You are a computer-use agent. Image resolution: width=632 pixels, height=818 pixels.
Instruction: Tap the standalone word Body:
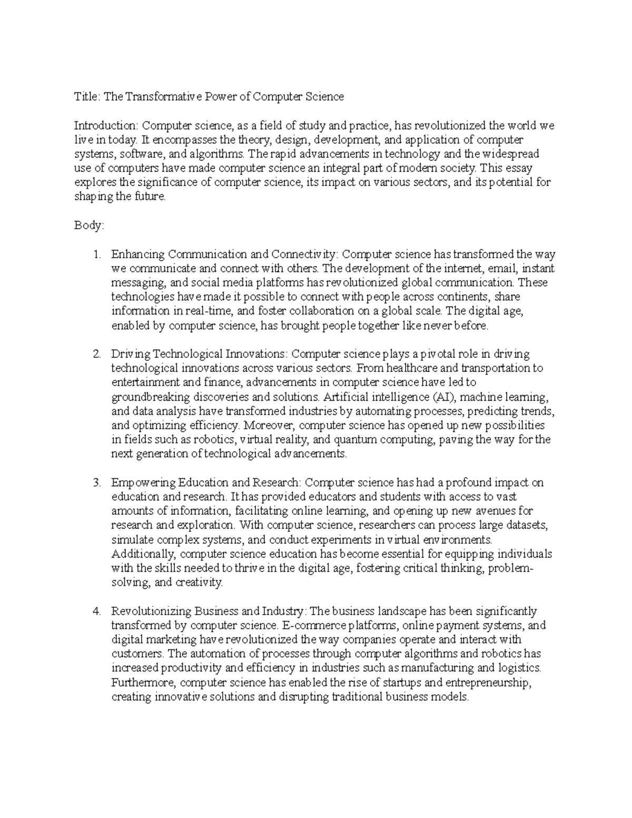(89, 225)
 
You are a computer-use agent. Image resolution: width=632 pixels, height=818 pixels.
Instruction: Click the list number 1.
(96, 254)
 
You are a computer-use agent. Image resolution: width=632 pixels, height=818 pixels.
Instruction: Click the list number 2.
(96, 354)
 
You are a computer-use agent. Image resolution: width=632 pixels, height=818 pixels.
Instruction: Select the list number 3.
(96, 482)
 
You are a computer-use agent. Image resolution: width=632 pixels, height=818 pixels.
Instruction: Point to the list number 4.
(96, 612)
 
